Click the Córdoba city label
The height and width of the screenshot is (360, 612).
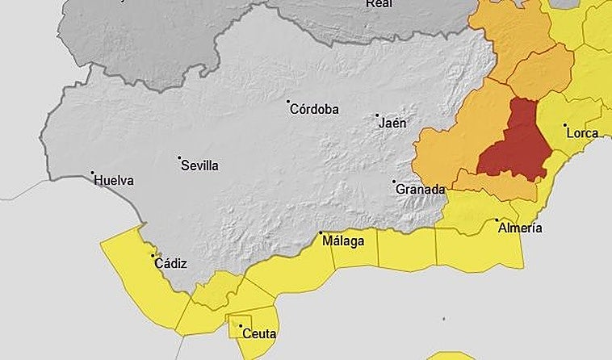(x=316, y=110)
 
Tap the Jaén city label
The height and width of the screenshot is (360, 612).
(x=392, y=123)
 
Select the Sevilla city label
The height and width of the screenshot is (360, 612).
(x=200, y=165)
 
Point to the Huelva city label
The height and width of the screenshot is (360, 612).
(x=114, y=181)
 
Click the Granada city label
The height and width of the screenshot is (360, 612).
(x=420, y=190)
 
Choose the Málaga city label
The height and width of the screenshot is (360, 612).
(x=343, y=241)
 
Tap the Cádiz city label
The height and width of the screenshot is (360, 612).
(x=171, y=264)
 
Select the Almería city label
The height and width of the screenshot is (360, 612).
(x=520, y=228)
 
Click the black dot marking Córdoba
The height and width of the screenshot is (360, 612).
(x=288, y=103)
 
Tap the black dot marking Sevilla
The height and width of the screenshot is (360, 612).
(x=179, y=158)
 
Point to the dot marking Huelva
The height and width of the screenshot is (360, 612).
(x=93, y=173)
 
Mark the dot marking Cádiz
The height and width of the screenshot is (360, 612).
(x=153, y=257)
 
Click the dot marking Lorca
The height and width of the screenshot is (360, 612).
(x=565, y=125)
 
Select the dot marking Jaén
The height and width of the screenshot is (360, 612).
(x=377, y=115)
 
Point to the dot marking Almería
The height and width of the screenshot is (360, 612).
(x=497, y=220)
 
